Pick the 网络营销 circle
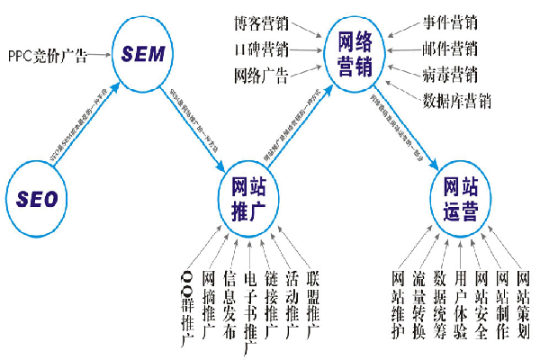click(357, 53)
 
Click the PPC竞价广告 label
click(48, 56)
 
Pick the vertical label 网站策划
click(523, 304)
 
